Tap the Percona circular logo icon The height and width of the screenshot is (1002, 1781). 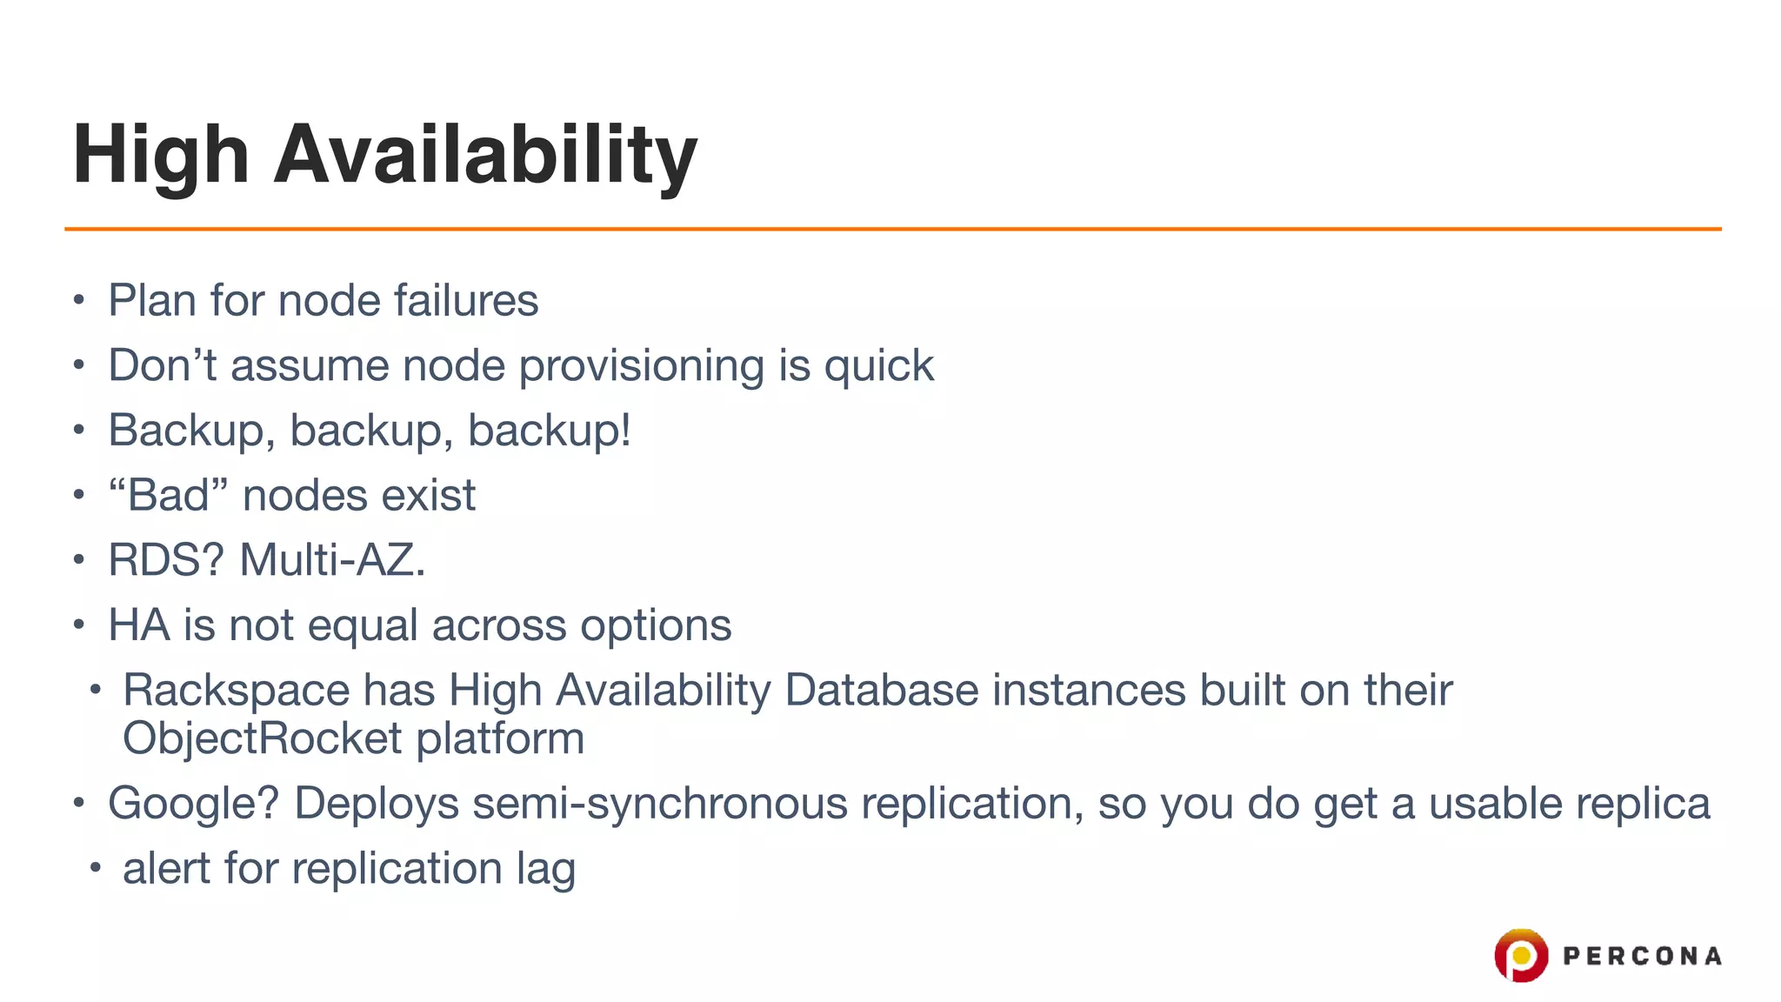1520,955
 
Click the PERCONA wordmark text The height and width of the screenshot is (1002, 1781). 1642,957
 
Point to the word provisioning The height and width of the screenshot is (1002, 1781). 641,366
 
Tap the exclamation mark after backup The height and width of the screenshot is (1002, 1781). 625,430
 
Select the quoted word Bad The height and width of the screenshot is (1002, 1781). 169,496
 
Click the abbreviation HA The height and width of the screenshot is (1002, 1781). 138,625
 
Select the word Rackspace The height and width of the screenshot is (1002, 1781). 236,691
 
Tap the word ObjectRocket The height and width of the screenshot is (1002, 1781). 262,738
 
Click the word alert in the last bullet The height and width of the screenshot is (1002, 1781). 165,869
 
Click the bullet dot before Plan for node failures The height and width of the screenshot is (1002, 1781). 79,301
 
